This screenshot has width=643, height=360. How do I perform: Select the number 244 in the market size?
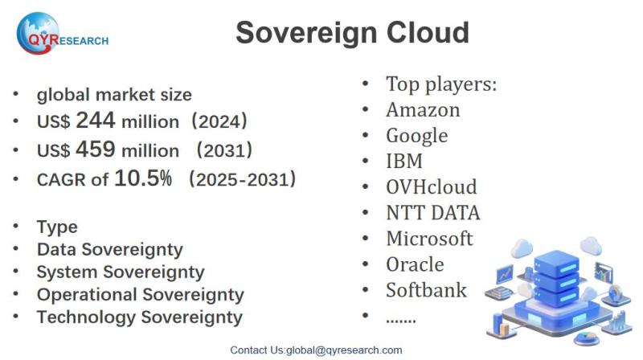point(95,121)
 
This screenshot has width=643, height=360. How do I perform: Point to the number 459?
point(95,149)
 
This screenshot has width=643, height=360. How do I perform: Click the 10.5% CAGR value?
point(143,178)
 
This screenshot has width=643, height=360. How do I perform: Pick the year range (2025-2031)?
point(243,179)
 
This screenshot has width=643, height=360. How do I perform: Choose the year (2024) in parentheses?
point(219,121)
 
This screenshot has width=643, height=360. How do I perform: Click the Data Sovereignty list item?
point(110,250)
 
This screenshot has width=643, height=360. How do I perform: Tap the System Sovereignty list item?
point(121,272)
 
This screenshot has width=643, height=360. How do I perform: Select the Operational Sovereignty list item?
point(140,295)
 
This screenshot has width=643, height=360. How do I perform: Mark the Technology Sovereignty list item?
point(140,317)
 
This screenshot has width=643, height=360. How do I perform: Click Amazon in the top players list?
point(423,110)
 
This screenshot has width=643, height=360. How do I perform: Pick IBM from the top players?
point(404,162)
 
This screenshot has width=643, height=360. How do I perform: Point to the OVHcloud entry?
point(432,187)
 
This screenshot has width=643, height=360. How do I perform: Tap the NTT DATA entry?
point(433,213)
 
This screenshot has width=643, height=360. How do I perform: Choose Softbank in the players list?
point(427,290)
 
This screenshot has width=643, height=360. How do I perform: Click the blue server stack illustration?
point(558,291)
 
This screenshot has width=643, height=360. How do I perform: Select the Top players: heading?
point(441,84)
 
